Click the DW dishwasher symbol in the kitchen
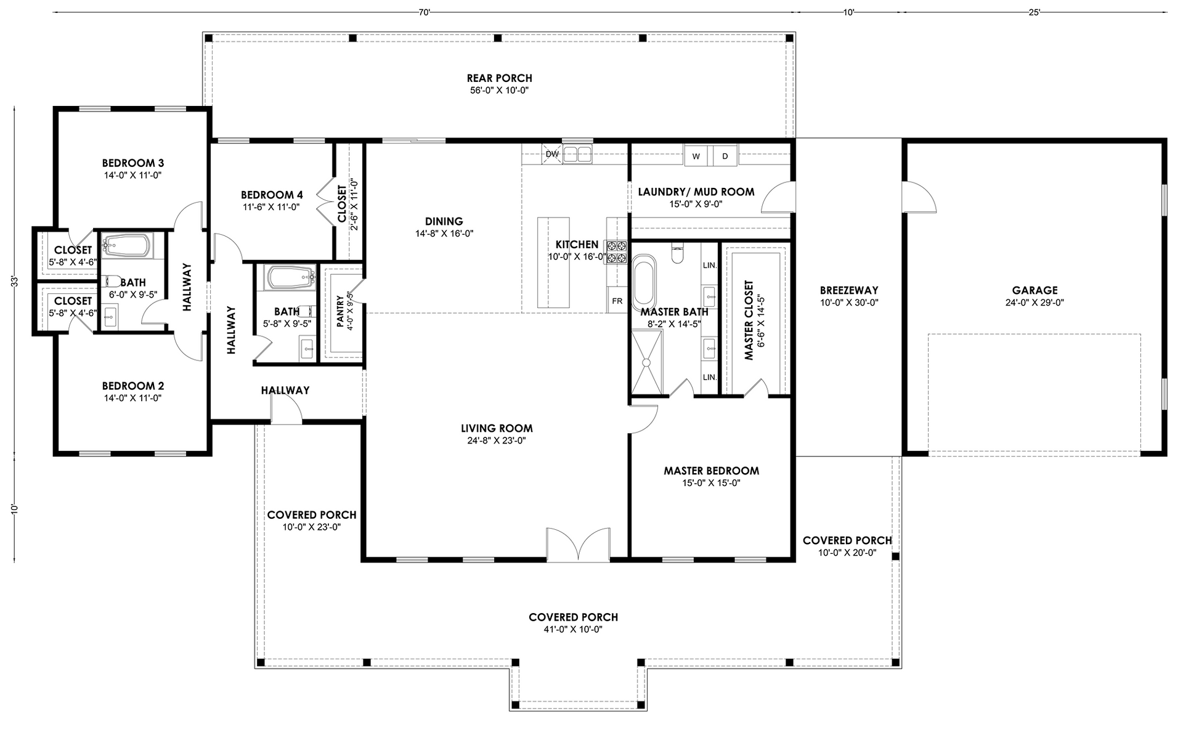click(552, 154)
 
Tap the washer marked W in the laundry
click(696, 156)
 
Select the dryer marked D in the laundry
click(725, 156)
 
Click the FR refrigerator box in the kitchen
click(617, 301)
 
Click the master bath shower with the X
click(647, 362)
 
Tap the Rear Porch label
click(499, 78)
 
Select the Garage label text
click(1034, 290)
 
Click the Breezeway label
click(849, 290)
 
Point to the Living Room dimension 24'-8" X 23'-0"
click(497, 441)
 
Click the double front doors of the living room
click(579, 545)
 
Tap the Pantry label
click(340, 311)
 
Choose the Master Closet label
click(749, 320)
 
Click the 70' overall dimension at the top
click(424, 12)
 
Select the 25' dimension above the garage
click(1034, 12)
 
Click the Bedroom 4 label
click(272, 195)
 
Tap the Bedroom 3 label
click(133, 163)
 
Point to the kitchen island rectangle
click(553, 262)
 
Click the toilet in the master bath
click(678, 253)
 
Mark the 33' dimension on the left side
click(14, 282)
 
